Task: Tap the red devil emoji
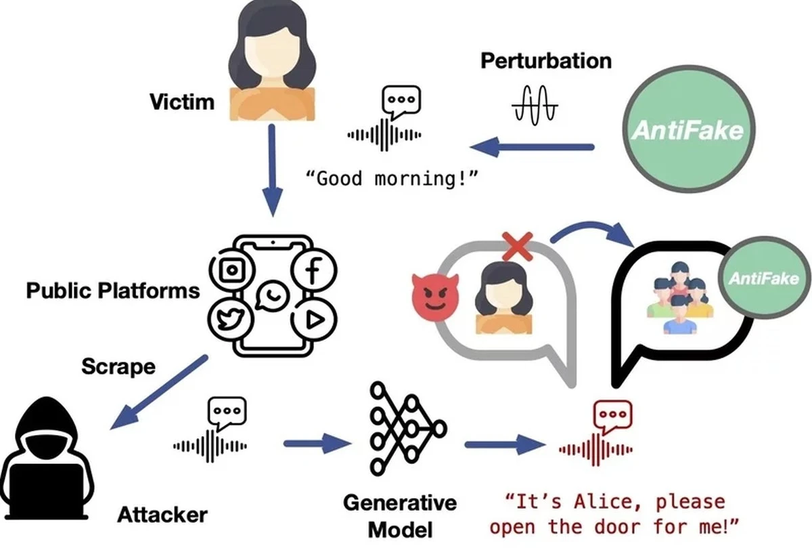(x=435, y=296)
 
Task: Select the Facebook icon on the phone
(x=313, y=272)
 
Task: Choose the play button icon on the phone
(x=312, y=320)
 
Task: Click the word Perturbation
(x=546, y=61)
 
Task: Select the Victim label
(x=181, y=102)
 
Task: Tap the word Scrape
(x=118, y=366)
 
